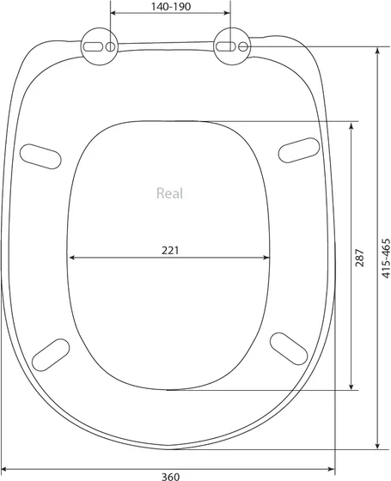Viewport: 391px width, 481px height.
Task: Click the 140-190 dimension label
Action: [171, 6]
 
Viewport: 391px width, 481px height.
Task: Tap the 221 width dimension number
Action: [170, 250]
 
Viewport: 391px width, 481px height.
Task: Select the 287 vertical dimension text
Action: [359, 258]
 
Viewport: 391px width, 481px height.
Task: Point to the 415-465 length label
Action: [386, 258]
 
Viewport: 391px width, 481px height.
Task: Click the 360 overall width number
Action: [170, 477]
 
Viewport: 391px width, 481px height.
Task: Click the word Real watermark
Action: [170, 193]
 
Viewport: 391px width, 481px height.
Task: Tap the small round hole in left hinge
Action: [110, 46]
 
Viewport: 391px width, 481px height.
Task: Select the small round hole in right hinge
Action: [243, 46]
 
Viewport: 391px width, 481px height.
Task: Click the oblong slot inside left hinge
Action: [94, 46]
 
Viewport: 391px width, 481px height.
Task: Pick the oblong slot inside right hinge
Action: [226, 46]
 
